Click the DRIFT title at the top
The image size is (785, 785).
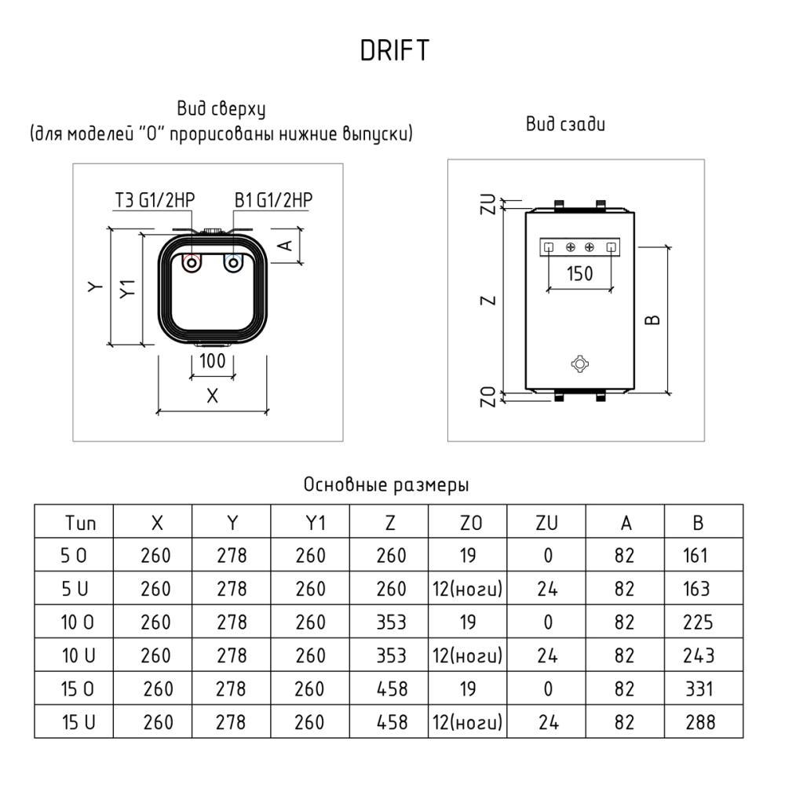(395, 51)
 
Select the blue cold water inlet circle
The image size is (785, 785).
(232, 264)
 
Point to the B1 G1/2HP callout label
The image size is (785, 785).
(273, 200)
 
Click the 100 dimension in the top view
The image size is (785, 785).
(212, 362)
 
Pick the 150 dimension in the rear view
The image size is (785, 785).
(579, 274)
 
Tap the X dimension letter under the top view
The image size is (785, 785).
(212, 396)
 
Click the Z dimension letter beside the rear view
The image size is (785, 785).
(487, 301)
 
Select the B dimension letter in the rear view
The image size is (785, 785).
(654, 319)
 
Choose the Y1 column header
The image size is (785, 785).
(311, 524)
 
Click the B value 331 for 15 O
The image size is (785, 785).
(699, 688)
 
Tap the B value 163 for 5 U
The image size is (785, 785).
(696, 589)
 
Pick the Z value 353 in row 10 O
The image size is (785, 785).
(391, 623)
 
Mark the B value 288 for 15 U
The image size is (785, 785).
(699, 721)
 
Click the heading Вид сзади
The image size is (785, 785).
(565, 124)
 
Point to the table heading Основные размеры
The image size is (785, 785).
(386, 485)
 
